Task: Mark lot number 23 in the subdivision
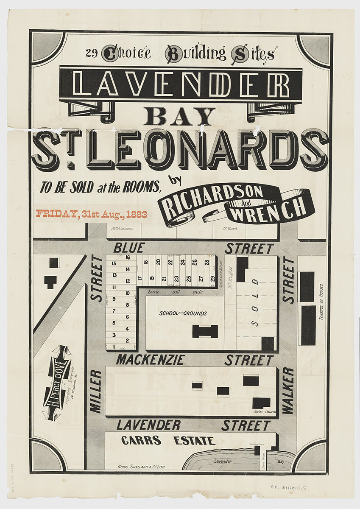point(176,278)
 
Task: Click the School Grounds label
point(183,313)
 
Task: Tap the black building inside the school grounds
point(205,331)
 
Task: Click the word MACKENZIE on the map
point(151,360)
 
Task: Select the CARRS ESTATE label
point(168,441)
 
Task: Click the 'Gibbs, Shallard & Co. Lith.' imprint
point(142,466)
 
